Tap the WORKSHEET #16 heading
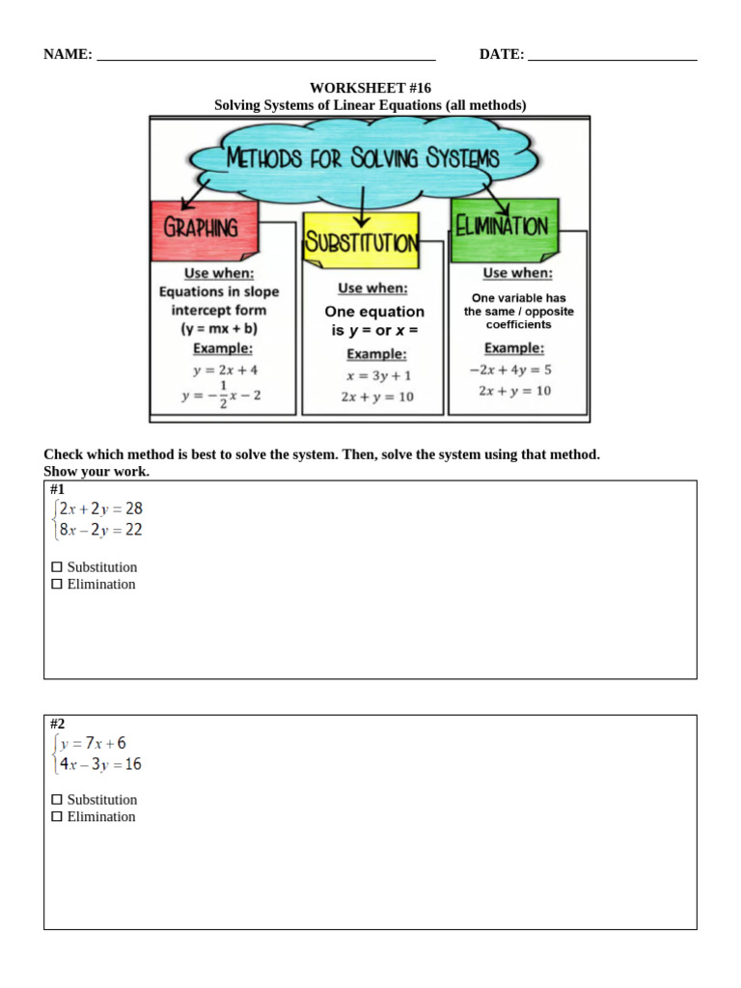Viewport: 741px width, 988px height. pyautogui.click(x=370, y=88)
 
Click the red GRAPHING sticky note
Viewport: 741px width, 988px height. pyautogui.click(x=202, y=229)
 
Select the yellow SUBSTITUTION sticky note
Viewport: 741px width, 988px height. pyautogui.click(x=361, y=241)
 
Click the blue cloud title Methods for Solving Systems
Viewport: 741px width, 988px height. pyautogui.click(x=363, y=158)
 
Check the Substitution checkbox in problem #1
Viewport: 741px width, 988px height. pyautogui.click(x=57, y=567)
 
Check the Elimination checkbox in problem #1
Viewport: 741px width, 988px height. pyautogui.click(x=57, y=584)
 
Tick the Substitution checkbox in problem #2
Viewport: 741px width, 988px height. pyautogui.click(x=57, y=800)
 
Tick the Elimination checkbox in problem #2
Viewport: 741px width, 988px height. pyautogui.click(x=57, y=816)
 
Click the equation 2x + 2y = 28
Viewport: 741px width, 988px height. pyautogui.click(x=99, y=508)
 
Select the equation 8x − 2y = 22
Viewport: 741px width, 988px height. pyautogui.click(x=99, y=530)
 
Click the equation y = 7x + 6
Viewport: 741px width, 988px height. pyautogui.click(x=93, y=743)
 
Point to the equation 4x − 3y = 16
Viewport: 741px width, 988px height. pyautogui.click(x=99, y=764)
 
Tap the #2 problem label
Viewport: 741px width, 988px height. pyautogui.click(x=58, y=724)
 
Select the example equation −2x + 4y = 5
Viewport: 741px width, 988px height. pyautogui.click(x=510, y=370)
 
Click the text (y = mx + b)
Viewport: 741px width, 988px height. pyautogui.click(x=218, y=328)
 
